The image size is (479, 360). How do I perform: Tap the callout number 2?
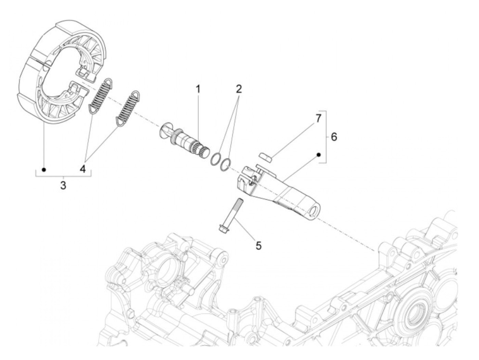tap(238, 89)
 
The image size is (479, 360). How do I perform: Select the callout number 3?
tap(63, 186)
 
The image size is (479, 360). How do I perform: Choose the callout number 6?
tap(334, 137)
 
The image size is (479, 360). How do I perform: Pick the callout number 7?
tap(318, 118)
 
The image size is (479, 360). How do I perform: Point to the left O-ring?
tap(216, 159)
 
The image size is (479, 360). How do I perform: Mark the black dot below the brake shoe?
tap(43, 170)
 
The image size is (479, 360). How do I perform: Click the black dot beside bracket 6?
tap(318, 155)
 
